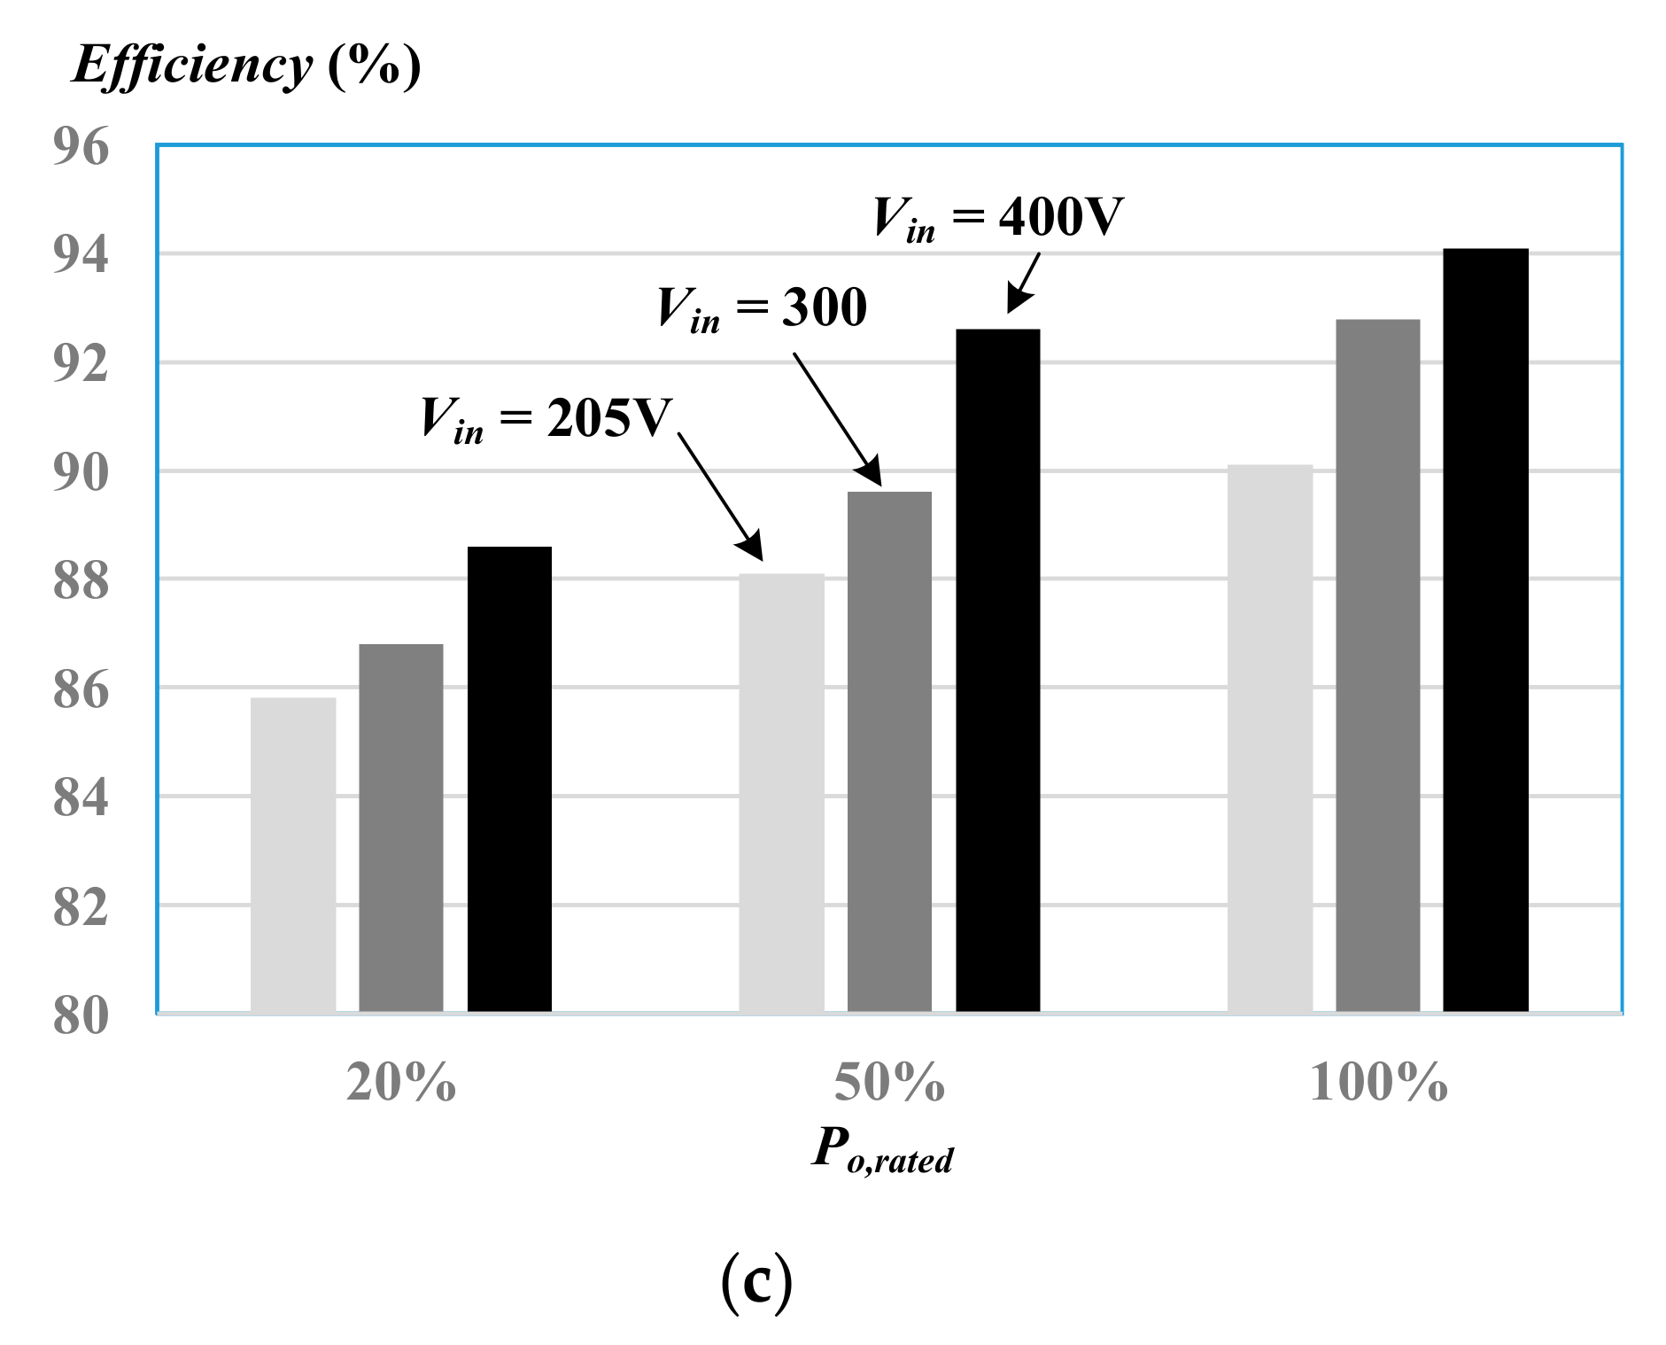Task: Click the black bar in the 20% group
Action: click(509, 780)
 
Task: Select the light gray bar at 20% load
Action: click(293, 855)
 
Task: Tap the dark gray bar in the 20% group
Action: click(401, 828)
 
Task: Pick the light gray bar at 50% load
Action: click(781, 793)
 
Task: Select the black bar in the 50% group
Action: click(997, 671)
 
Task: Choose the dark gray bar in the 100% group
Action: click(1377, 665)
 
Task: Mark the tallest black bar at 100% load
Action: click(1485, 630)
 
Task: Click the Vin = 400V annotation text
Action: click(998, 217)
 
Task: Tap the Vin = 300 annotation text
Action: click(762, 309)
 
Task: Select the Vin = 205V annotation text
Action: click(546, 419)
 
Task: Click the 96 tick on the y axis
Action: click(81, 146)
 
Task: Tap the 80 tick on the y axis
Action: click(81, 1016)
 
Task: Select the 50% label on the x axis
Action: click(889, 1083)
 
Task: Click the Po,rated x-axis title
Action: click(882, 1150)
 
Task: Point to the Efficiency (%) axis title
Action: click(246, 66)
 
